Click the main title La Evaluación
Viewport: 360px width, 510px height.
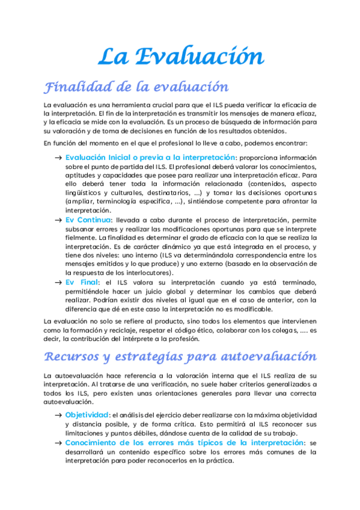click(180, 57)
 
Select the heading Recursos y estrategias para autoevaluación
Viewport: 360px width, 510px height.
click(180, 356)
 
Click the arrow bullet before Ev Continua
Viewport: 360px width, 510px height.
click(58, 220)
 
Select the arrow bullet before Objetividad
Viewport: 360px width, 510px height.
click(58, 415)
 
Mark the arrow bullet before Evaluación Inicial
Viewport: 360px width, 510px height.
click(58, 157)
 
